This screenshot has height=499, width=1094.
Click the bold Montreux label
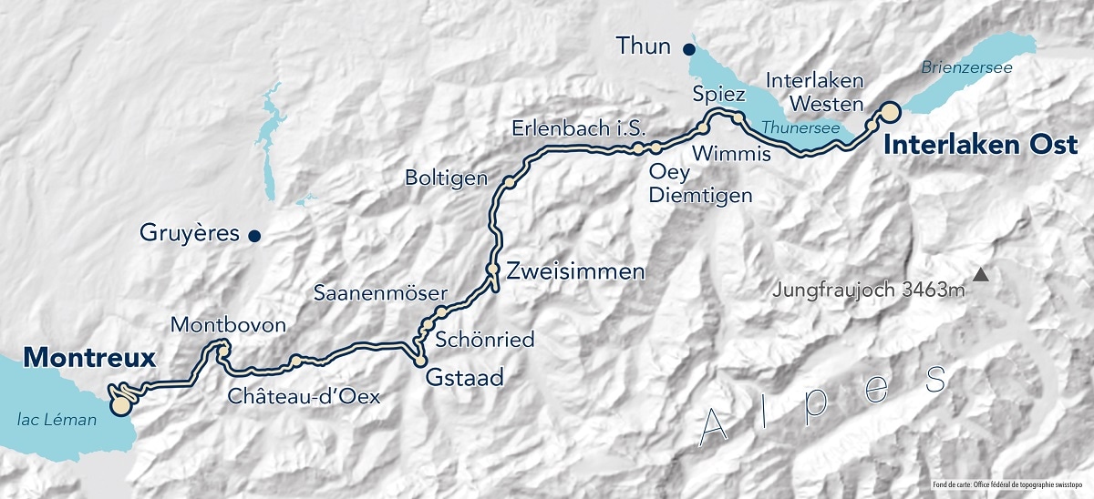[88, 358]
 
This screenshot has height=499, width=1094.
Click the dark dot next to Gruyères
[255, 236]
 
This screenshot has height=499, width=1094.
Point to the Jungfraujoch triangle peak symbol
[981, 274]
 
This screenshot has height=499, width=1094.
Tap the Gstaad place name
[464, 378]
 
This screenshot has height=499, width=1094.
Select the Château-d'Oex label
[304, 396]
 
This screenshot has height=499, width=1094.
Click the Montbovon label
[228, 325]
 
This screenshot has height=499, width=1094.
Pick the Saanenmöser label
[380, 293]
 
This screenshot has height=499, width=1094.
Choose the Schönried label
[485, 340]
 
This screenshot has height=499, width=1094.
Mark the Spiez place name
[721, 94]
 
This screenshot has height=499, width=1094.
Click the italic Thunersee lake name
[800, 128]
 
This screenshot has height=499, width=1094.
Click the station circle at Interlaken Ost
[888, 111]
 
